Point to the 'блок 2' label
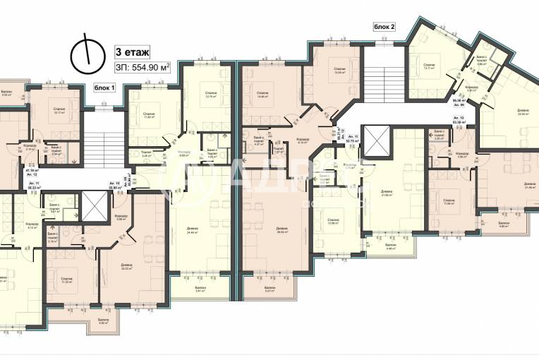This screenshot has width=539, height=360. point(384,27)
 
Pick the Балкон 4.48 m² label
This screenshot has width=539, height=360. point(391,247)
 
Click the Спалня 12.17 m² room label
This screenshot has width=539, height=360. point(60,111)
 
